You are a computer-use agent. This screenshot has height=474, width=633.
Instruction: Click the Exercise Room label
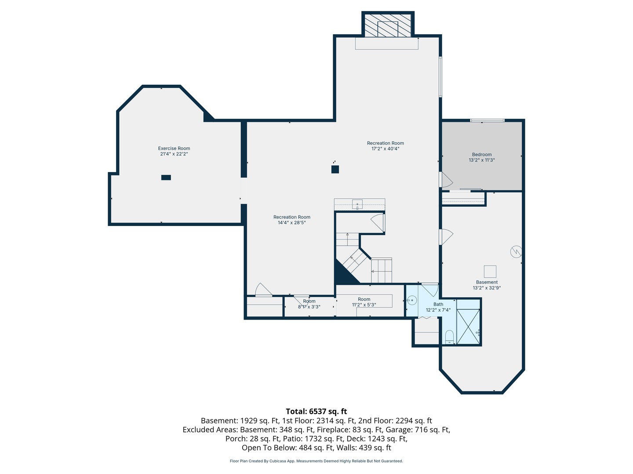click(174, 148)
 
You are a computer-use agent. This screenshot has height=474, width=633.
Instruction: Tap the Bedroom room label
click(482, 154)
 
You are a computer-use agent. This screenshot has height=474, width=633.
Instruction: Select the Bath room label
click(438, 304)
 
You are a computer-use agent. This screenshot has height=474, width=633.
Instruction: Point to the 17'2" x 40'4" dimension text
click(385, 148)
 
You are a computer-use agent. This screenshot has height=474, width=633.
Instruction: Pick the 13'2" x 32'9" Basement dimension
click(487, 287)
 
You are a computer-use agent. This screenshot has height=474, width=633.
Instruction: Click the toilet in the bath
click(449, 337)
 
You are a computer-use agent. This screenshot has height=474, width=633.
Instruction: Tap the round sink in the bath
click(412, 301)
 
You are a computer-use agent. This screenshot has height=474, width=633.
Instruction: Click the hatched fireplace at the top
click(388, 25)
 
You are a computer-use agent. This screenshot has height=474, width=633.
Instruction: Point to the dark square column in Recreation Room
click(335, 169)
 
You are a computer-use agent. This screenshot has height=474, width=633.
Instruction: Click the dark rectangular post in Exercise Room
click(166, 178)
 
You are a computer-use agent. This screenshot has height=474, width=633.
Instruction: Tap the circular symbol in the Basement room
click(516, 251)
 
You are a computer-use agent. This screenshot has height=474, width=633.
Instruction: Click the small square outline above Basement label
click(490, 271)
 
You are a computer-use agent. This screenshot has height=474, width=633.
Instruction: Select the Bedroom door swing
click(446, 180)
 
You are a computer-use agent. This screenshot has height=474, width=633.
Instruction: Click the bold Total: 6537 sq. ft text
click(316, 411)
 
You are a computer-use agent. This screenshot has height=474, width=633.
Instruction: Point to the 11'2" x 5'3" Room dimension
click(364, 305)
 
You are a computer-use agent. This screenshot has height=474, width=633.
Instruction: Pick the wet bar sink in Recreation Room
click(357, 205)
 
